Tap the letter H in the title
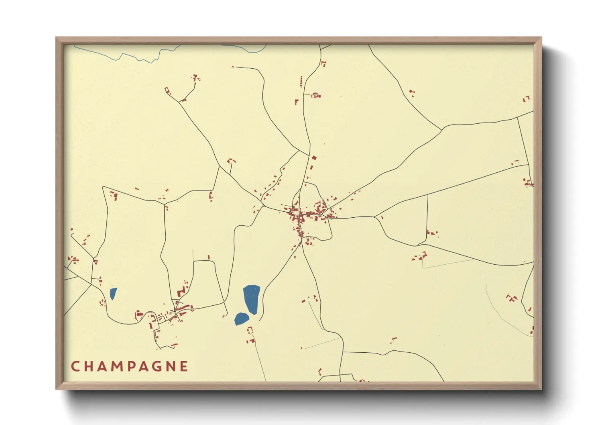[x=89, y=366]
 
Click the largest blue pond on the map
[x=252, y=298]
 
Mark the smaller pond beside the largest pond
[x=241, y=319]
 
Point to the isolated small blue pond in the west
[x=113, y=294]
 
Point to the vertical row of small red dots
[x=301, y=82]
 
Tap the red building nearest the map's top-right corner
[x=526, y=98]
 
